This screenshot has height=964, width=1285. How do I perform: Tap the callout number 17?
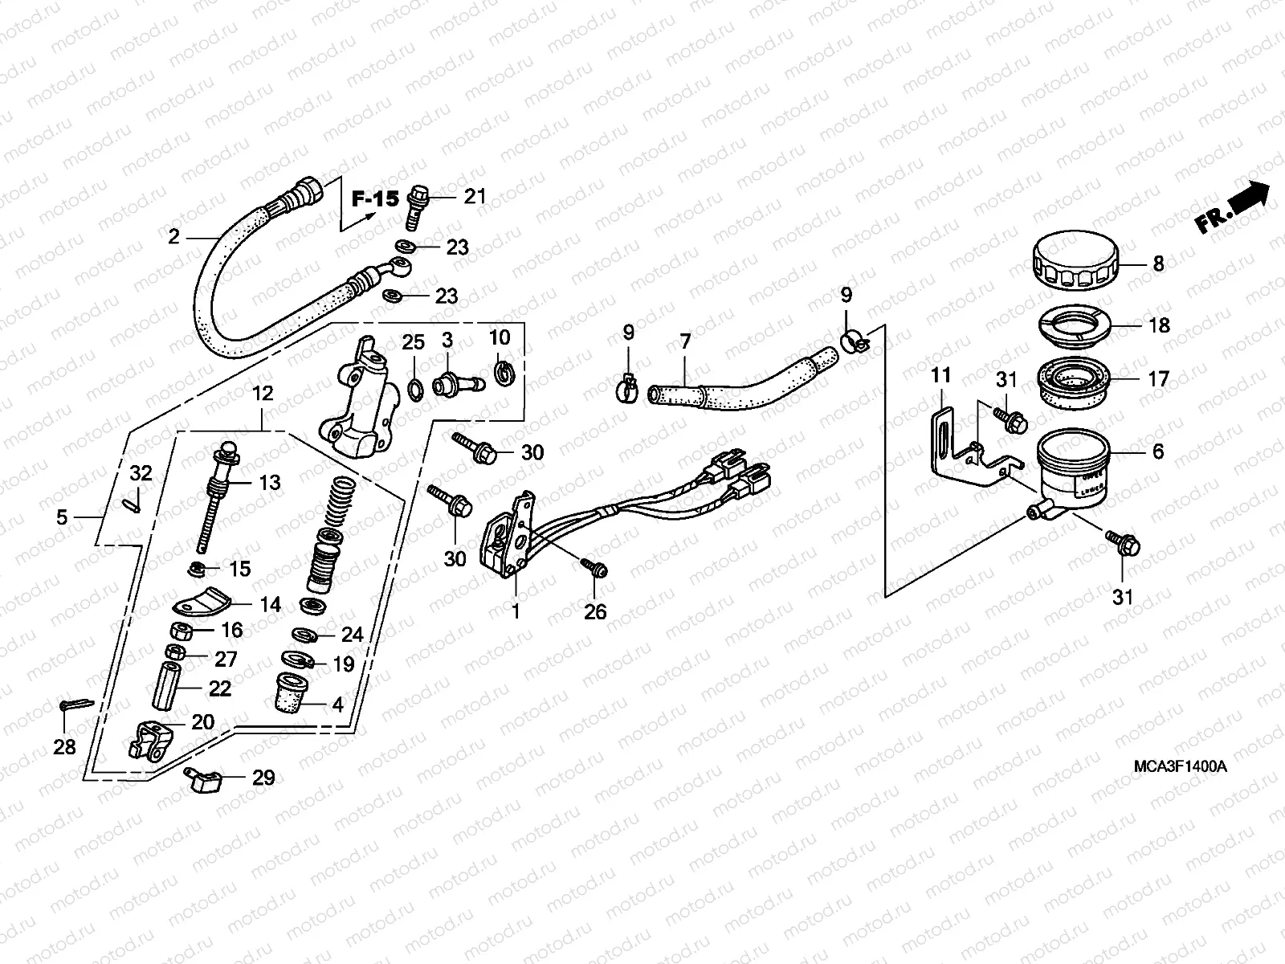tap(1157, 378)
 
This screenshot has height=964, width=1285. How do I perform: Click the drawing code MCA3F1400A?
tap(1180, 766)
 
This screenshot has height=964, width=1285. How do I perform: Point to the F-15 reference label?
tap(375, 198)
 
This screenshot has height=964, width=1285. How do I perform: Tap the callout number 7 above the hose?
tap(685, 341)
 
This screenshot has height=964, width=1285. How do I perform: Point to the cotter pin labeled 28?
tap(75, 705)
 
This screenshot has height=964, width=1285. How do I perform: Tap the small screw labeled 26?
tap(596, 569)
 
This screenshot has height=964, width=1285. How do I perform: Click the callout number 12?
tap(263, 394)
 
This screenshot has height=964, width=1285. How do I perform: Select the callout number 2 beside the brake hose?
tap(173, 236)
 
